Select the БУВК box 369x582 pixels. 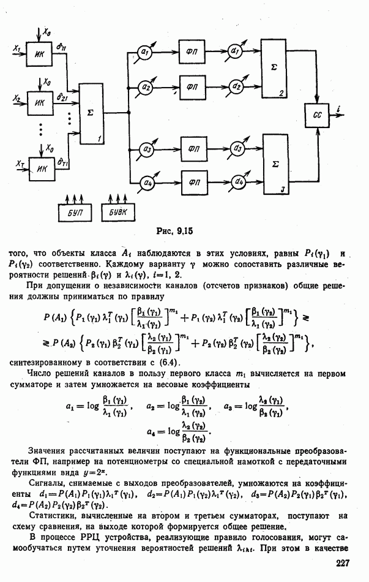coord(116,211)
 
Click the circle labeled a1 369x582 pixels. coord(146,52)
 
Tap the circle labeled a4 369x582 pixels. coord(146,182)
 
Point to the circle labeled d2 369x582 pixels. coord(236,86)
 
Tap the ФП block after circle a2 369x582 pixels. coord(192,86)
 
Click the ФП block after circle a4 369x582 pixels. coord(194,182)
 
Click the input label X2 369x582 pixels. coord(17,98)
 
